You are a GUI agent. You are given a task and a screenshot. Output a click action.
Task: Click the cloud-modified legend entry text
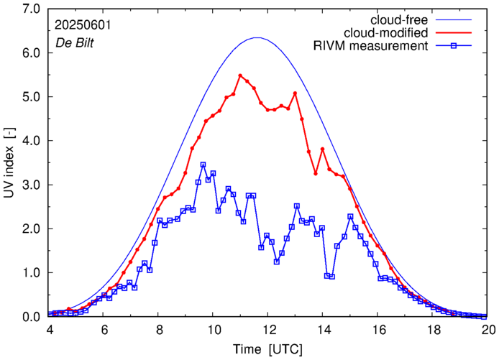tap(385, 32)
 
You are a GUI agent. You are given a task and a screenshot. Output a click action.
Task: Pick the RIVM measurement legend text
tap(370, 46)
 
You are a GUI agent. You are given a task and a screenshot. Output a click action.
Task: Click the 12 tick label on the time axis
tap(269, 329)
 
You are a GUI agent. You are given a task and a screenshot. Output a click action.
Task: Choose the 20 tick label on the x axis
tap(489, 329)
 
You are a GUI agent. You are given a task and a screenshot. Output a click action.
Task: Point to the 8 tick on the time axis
tap(159, 329)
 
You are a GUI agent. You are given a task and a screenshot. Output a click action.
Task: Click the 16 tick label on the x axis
tap(379, 329)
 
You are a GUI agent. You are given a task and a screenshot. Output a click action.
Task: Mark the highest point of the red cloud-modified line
tap(241, 75)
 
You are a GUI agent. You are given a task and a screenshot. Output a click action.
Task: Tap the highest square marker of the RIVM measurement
tap(203, 165)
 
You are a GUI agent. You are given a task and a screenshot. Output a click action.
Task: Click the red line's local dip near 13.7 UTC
tap(316, 173)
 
